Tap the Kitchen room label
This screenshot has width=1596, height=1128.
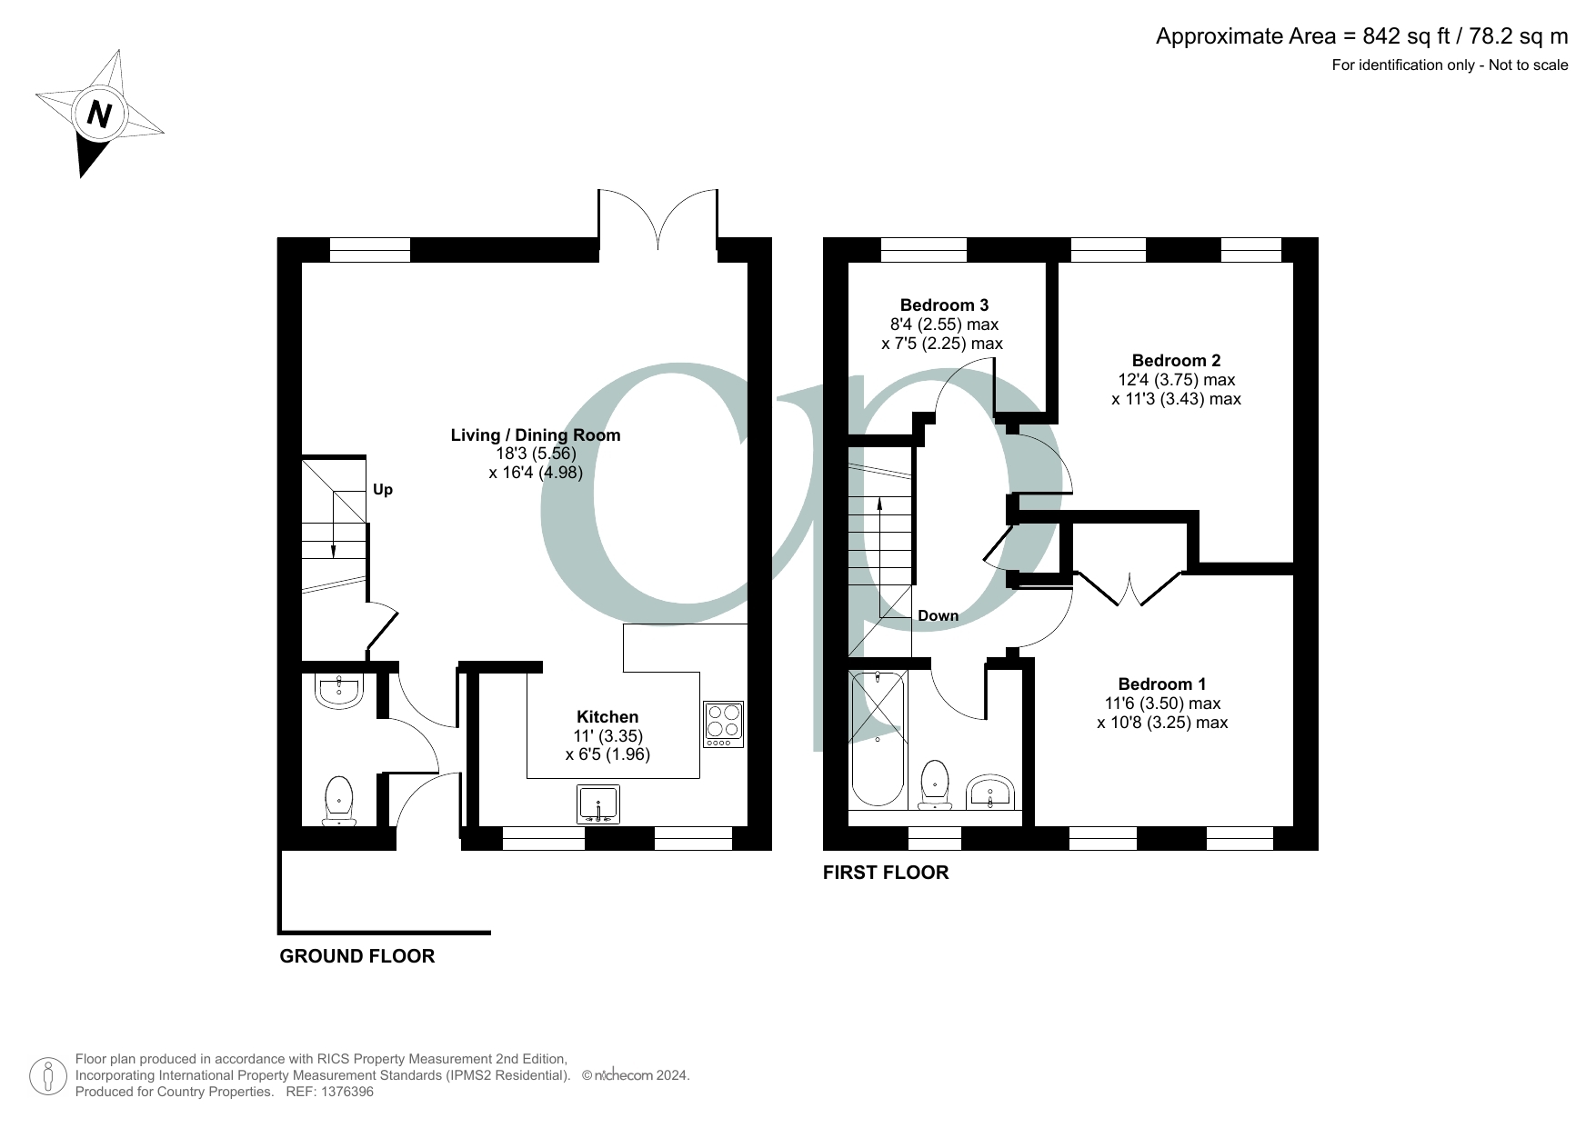tap(607, 717)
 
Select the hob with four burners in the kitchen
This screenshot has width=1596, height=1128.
tap(724, 724)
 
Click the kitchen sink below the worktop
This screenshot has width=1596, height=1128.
tap(598, 804)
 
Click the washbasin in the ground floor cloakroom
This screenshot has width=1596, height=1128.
tap(339, 690)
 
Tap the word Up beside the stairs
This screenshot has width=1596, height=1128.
tap(383, 490)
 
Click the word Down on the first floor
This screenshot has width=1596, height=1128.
tap(938, 615)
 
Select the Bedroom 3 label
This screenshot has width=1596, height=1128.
tap(944, 305)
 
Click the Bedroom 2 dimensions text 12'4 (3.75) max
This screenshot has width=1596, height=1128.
tap(1176, 380)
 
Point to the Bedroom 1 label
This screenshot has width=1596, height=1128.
tap(1161, 684)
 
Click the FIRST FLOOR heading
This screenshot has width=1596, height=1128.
tap(885, 873)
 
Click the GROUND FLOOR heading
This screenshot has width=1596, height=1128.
tap(356, 956)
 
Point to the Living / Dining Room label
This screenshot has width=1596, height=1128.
tap(536, 435)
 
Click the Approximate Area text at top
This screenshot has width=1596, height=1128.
tap(1361, 36)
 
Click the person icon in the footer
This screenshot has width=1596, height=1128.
tap(47, 1076)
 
